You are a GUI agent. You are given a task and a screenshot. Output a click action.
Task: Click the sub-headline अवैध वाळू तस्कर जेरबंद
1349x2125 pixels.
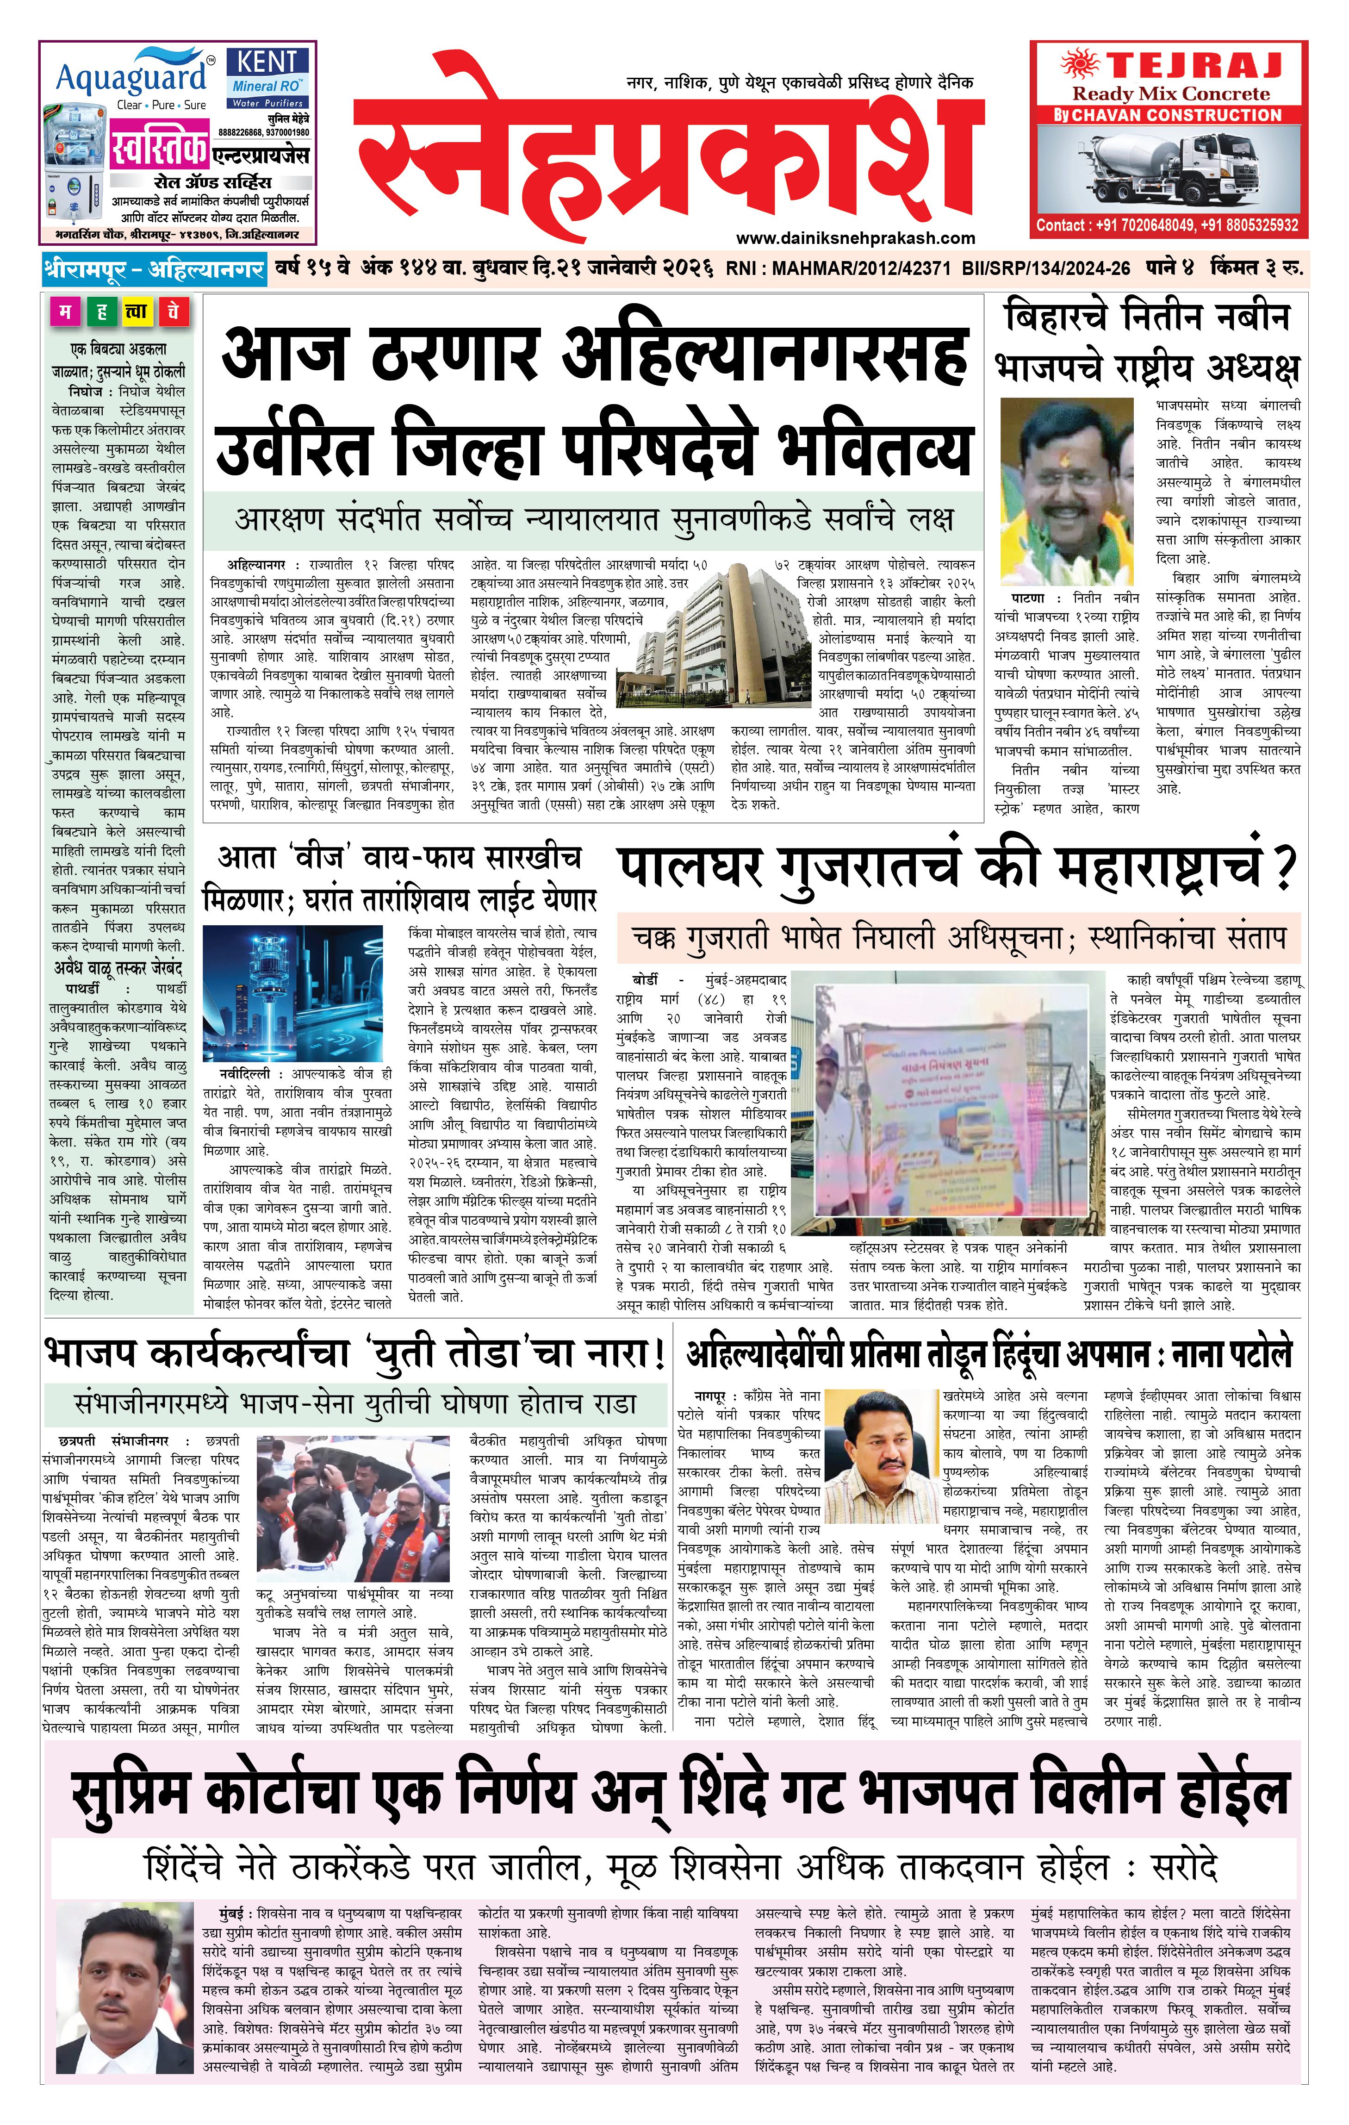pos(118,968)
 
